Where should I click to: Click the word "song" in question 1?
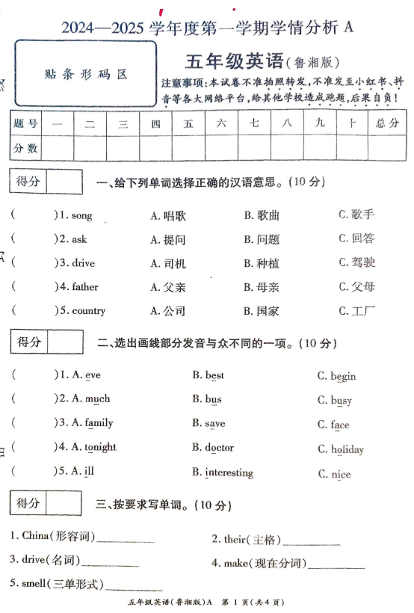pyautogui.click(x=81, y=216)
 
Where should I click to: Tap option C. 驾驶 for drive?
pyautogui.click(x=356, y=263)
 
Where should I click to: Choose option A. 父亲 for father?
pyautogui.click(x=167, y=287)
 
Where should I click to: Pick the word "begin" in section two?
pyautogui.click(x=343, y=376)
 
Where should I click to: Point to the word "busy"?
pyautogui.click(x=341, y=401)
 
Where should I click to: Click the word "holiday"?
pyautogui.click(x=347, y=450)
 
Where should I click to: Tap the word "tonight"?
pyautogui.click(x=100, y=447)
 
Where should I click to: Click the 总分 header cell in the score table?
pyautogui.click(x=387, y=123)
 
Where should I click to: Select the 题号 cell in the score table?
pyautogui.click(x=25, y=123)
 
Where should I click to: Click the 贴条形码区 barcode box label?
pyautogui.click(x=85, y=74)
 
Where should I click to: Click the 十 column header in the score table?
pyautogui.click(x=351, y=123)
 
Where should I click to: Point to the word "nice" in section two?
pyautogui.click(x=340, y=475)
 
